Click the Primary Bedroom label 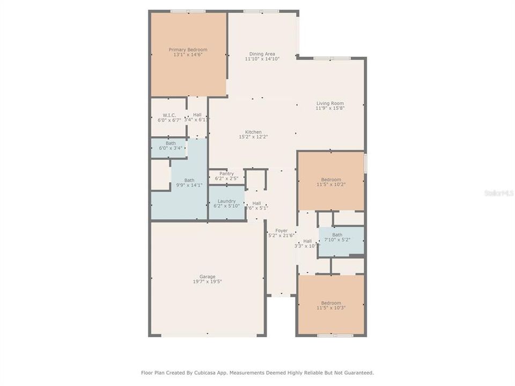point(188,49)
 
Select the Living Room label point(330,103)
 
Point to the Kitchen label point(253,132)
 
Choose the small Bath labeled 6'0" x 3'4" point(170,146)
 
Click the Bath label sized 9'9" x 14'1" point(189,183)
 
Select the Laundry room point(226,203)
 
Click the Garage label point(208,277)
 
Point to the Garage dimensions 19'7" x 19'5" point(208,281)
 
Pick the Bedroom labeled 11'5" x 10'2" point(331,182)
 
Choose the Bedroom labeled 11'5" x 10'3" point(331,306)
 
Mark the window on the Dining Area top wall point(261,11)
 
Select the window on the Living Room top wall point(332,58)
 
